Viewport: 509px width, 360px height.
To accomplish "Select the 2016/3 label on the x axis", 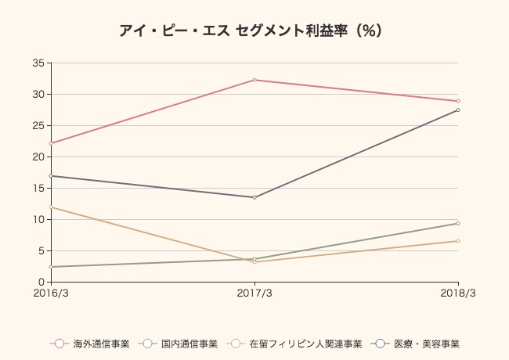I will pyautogui.click(x=51, y=293).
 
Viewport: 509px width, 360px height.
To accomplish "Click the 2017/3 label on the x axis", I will pyautogui.click(x=254, y=293).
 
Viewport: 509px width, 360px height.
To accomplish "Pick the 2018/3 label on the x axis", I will pyautogui.click(x=458, y=293).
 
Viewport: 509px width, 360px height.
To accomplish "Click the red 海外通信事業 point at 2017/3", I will pyautogui.click(x=254, y=80).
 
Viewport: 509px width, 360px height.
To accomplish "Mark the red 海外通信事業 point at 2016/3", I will pyautogui.click(x=51, y=143).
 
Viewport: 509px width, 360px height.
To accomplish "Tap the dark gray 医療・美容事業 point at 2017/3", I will pyautogui.click(x=254, y=197).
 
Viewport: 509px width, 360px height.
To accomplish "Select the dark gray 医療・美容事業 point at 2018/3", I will pyautogui.click(x=458, y=110).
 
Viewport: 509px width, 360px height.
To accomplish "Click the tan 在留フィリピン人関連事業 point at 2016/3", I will pyautogui.click(x=51, y=207).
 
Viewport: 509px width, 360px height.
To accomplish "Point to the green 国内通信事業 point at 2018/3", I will pyautogui.click(x=458, y=223).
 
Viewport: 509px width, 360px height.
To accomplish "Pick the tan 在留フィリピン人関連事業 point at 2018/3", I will pyautogui.click(x=458, y=241).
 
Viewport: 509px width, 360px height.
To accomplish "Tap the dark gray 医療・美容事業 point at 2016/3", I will pyautogui.click(x=51, y=175).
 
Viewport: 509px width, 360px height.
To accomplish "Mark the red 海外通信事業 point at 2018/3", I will pyautogui.click(x=458, y=101).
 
